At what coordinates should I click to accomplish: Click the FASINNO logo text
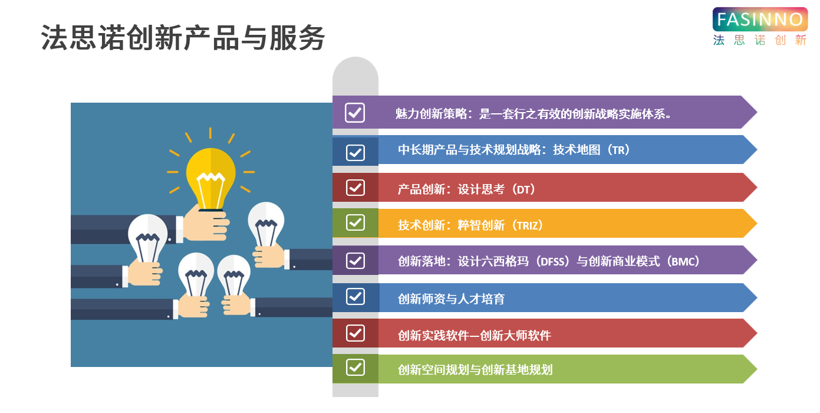click(760, 19)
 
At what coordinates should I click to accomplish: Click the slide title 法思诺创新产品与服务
click(183, 38)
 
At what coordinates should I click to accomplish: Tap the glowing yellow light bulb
click(211, 179)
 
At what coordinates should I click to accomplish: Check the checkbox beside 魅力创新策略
click(355, 113)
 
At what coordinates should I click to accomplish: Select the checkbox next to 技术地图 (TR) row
click(355, 152)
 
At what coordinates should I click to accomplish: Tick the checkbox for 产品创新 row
click(355, 188)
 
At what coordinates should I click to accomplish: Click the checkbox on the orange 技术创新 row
click(355, 222)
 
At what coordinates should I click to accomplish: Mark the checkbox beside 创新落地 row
click(355, 261)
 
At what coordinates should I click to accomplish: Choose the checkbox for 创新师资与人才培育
click(355, 296)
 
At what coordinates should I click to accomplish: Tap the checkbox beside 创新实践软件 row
click(355, 333)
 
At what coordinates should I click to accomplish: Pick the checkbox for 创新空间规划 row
click(355, 368)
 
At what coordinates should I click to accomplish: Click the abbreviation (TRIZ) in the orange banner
click(527, 225)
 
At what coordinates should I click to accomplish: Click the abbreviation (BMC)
click(683, 261)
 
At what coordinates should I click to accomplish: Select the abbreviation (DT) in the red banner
click(523, 189)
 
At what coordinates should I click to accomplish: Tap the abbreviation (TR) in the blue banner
click(618, 150)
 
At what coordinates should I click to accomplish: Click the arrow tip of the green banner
click(757, 369)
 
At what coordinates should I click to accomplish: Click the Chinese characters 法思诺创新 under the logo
click(760, 40)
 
